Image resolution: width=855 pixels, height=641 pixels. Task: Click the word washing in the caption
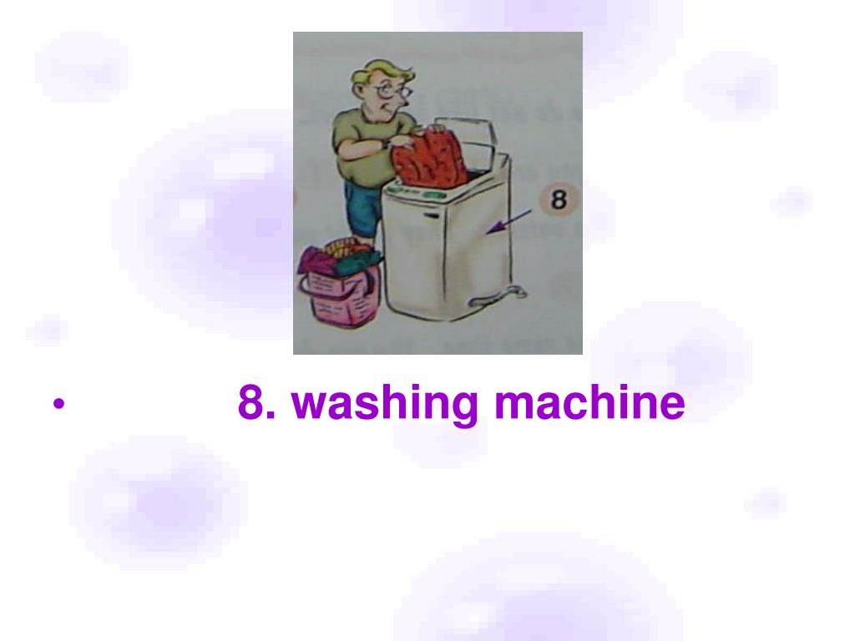(384, 403)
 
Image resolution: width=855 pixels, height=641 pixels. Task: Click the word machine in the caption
(589, 401)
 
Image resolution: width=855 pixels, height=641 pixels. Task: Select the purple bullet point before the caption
(58, 405)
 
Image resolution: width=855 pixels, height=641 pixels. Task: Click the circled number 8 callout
(558, 199)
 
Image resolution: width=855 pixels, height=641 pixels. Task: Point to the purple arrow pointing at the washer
(508, 221)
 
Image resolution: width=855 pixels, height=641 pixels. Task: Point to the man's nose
(407, 100)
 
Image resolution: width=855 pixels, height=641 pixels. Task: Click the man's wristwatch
(386, 144)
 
